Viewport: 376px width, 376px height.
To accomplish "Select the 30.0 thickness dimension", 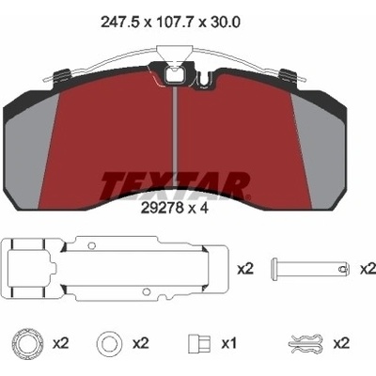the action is [x=225, y=23].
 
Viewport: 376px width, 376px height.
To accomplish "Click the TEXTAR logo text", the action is [x=176, y=186].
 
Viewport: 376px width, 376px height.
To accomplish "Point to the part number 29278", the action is [x=162, y=209].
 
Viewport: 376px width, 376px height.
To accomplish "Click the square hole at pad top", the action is [x=173, y=75].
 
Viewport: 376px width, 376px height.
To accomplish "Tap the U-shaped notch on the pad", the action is [x=205, y=79].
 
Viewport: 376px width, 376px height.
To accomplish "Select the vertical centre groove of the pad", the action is [x=175, y=130].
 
